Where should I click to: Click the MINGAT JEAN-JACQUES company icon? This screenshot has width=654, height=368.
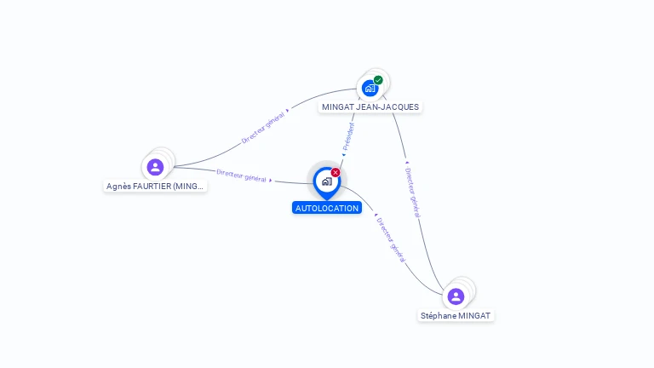(x=370, y=88)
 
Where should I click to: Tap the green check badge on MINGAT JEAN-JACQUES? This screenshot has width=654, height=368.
(x=378, y=80)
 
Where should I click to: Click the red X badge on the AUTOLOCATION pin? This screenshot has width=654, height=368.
(x=336, y=172)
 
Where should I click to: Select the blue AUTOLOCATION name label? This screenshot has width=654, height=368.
(x=327, y=208)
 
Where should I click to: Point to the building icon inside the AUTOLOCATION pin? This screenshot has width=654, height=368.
(x=326, y=181)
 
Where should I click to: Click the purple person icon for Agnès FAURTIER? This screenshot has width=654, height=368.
(x=154, y=167)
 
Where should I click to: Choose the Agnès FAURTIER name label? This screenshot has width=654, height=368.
(x=155, y=186)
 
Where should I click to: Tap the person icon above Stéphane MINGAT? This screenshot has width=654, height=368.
(x=456, y=296)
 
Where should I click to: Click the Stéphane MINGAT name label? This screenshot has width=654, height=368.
(x=456, y=315)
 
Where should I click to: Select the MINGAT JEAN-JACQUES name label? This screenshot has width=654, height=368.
(x=370, y=107)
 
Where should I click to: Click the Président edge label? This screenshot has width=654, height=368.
(x=348, y=136)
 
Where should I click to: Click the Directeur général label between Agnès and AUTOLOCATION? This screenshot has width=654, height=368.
(x=241, y=175)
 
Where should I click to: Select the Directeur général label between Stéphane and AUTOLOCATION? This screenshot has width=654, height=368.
(x=390, y=239)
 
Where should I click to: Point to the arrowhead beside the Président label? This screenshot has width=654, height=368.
(x=342, y=156)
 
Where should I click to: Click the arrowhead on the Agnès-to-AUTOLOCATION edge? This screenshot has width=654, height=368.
(x=273, y=180)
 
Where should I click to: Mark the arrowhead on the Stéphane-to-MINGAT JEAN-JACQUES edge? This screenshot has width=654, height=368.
(x=404, y=162)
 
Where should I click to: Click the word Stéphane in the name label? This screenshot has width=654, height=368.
(x=439, y=315)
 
